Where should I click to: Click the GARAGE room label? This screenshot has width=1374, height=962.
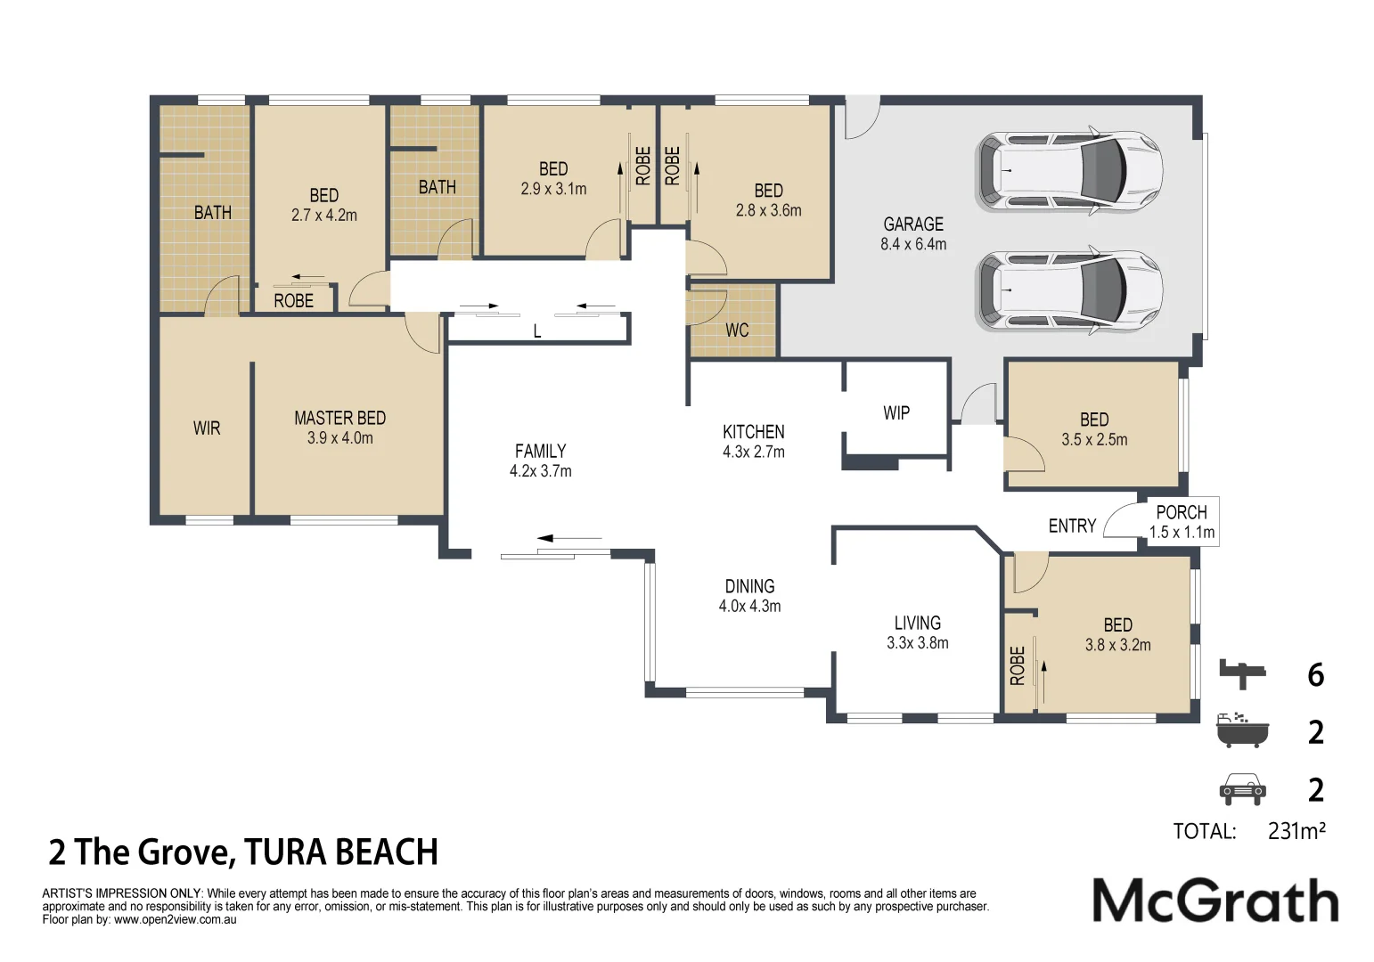point(913,224)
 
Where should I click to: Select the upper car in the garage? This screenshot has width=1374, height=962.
point(1068,172)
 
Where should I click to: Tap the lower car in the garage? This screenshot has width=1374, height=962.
point(1068,290)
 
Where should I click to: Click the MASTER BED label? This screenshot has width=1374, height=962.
point(339,418)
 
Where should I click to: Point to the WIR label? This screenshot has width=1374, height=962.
point(207,428)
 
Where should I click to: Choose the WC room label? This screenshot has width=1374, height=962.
point(737,330)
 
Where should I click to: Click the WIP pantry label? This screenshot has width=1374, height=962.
point(896,413)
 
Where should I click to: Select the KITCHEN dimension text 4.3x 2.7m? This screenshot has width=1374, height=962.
point(754,452)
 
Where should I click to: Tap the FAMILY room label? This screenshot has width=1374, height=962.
point(540,452)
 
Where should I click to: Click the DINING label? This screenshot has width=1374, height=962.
point(749,587)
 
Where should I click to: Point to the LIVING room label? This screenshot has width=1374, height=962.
point(917,624)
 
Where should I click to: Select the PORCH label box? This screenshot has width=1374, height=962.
point(1182,522)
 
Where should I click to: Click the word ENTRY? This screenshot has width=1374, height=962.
point(1072,526)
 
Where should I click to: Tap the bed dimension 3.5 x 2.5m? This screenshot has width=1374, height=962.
point(1094,440)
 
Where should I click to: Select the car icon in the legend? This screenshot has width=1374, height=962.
point(1241,789)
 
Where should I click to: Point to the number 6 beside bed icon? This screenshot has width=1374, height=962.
point(1315,675)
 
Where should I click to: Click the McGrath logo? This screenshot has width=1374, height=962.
point(1215,901)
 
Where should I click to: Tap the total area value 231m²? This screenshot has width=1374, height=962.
point(1296,831)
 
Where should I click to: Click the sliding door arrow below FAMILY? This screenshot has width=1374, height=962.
point(569,538)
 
